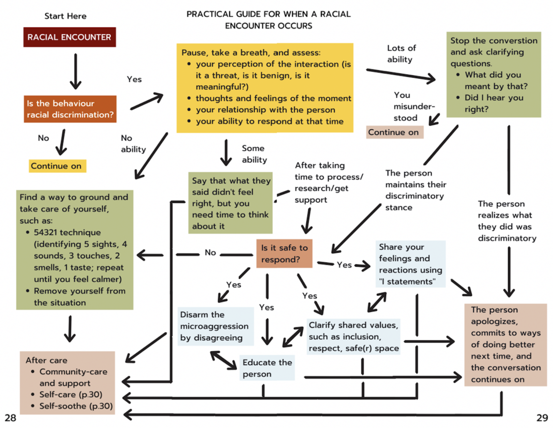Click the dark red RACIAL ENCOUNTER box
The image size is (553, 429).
click(x=69, y=37)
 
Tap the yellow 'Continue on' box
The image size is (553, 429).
click(x=56, y=166)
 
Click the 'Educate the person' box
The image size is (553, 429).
click(x=267, y=368)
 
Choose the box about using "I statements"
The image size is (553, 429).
click(x=410, y=264)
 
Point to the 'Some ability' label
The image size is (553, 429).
click(x=254, y=154)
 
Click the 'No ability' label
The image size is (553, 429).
click(x=133, y=143)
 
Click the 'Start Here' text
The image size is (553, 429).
click(x=65, y=16)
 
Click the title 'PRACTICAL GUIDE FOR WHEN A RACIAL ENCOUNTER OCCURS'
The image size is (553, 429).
click(x=268, y=19)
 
